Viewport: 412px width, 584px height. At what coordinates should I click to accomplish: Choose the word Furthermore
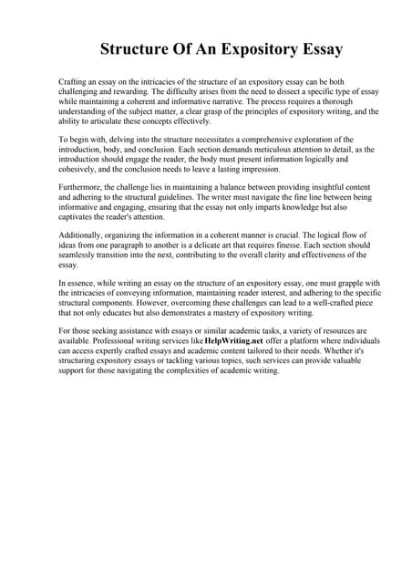(x=81, y=187)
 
